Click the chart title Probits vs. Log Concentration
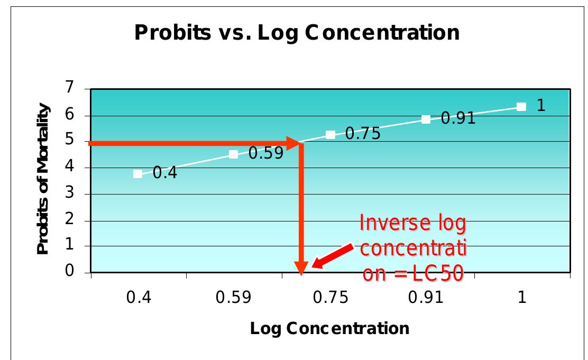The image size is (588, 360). coord(297,33)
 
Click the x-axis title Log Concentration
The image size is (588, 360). coord(329,328)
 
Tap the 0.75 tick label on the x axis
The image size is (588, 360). coord(330,298)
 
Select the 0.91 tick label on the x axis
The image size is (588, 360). coord(426,298)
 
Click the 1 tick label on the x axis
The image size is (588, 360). coord(522,298)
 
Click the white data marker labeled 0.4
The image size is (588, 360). coord(138,174)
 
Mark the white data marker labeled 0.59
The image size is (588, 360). coord(234,154)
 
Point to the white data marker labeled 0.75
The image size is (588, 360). coord(330,135)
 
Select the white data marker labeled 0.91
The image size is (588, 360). coord(426,119)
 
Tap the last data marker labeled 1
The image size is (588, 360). coord(521,107)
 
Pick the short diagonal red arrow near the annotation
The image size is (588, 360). coord(332,255)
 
